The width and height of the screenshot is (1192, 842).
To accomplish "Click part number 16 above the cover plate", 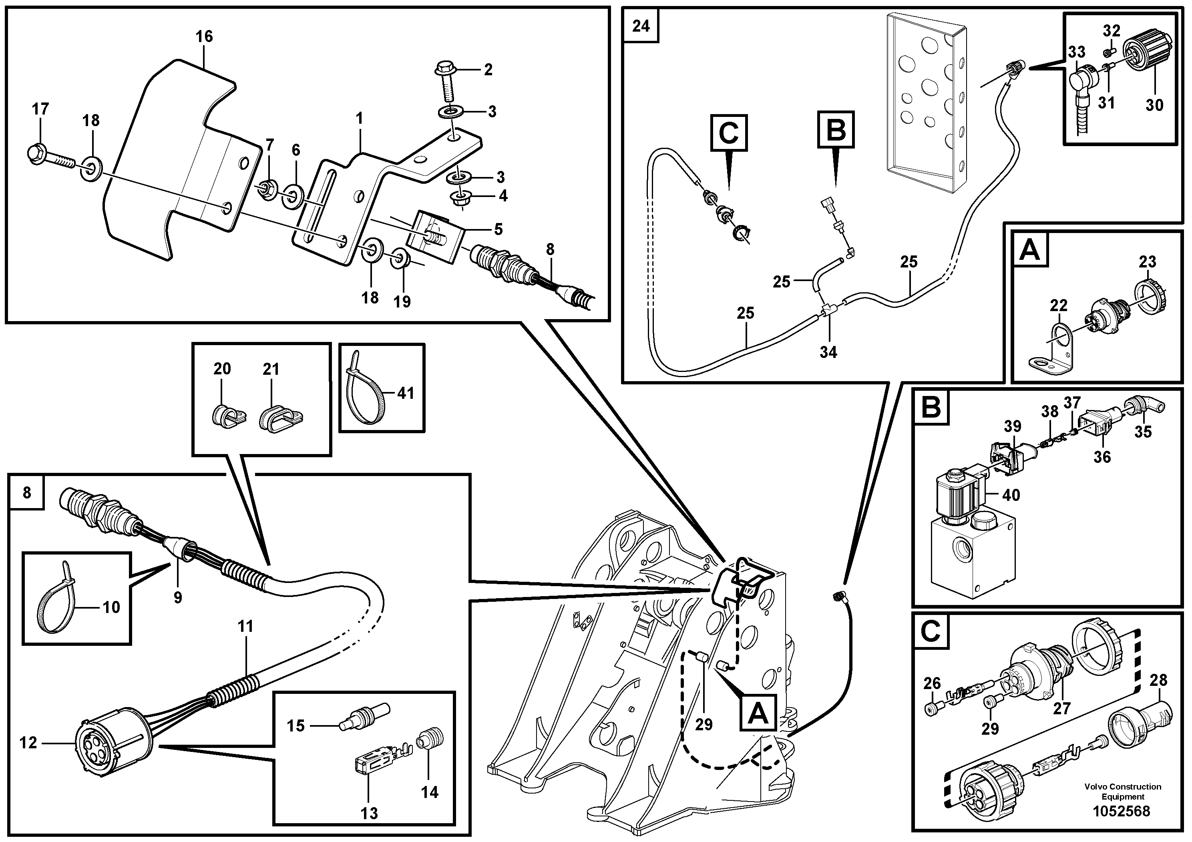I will tap(204, 36).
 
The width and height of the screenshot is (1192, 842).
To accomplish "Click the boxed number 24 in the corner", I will tap(641, 26).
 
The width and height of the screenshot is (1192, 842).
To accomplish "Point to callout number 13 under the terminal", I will tap(369, 813).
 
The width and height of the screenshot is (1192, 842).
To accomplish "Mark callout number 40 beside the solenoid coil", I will tap(1010, 495).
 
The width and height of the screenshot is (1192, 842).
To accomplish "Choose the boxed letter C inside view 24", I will tap(728, 133).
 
